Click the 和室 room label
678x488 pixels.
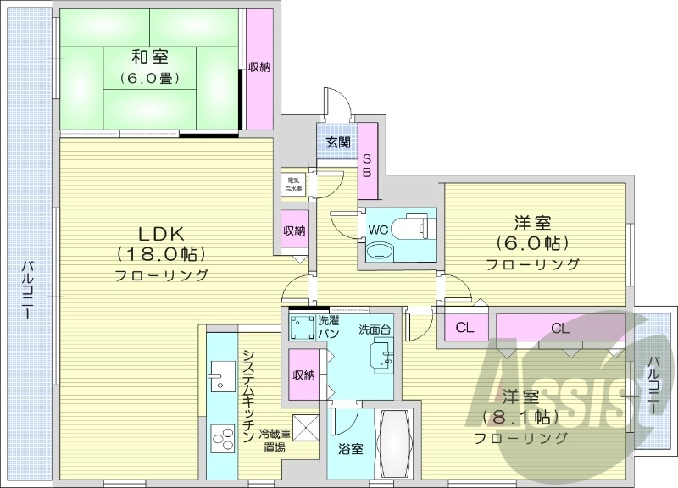click(149, 58)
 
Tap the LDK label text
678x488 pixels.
click(162, 233)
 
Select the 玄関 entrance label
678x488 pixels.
click(338, 142)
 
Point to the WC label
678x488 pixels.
click(378, 227)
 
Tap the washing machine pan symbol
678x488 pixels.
click(302, 328)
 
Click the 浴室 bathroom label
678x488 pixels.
click(351, 449)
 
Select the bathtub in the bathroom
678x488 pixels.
click(395, 445)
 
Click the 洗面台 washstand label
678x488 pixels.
click(375, 330)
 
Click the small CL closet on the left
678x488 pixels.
click(464, 328)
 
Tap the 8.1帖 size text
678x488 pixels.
click(520, 417)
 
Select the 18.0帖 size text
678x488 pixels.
click(162, 254)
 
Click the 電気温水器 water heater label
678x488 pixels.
click(295, 184)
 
